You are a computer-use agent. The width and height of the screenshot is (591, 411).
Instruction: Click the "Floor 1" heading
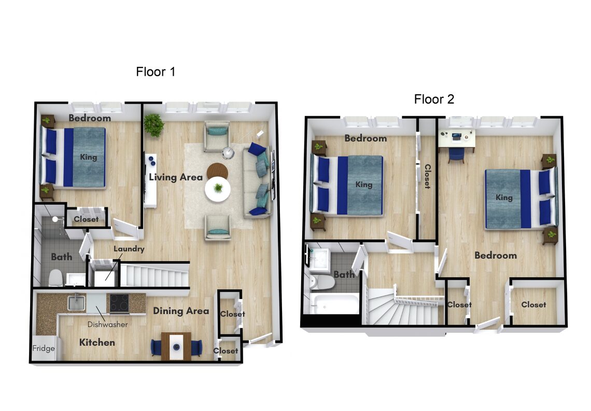(156, 72)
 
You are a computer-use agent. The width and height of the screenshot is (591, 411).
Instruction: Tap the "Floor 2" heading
(434, 99)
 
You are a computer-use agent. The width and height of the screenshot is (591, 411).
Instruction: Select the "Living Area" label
(176, 177)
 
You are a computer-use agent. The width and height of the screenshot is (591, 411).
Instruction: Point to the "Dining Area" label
(181, 311)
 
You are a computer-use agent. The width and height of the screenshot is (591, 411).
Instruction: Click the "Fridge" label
(44, 348)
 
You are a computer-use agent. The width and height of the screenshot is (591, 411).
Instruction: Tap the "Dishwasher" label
(107, 324)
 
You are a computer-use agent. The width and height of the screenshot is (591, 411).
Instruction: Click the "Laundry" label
(129, 249)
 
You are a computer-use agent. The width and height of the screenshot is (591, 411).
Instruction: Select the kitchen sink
(76, 303)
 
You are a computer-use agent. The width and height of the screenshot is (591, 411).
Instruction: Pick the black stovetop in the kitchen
(119, 303)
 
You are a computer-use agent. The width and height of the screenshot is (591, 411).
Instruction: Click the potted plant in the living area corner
(153, 125)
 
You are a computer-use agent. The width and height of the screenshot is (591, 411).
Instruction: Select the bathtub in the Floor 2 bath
(334, 304)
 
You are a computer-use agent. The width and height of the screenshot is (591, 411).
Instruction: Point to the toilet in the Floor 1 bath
(56, 278)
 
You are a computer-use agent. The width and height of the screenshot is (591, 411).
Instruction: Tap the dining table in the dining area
(176, 346)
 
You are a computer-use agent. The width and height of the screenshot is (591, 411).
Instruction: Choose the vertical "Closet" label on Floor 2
(428, 176)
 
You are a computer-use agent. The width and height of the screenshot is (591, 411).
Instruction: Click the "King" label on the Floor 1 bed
(88, 157)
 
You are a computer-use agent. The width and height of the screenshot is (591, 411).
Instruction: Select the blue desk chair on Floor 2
(456, 155)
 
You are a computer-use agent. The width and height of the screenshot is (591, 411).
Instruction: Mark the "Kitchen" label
(97, 343)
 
